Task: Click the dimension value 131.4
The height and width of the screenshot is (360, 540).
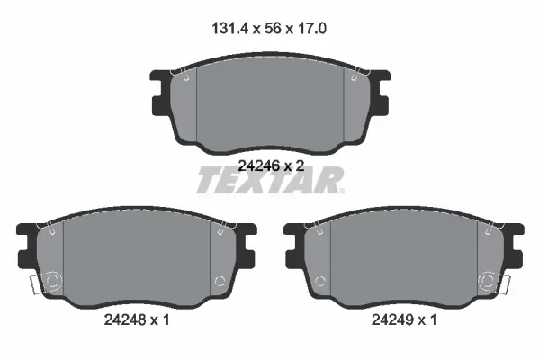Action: pos(229,28)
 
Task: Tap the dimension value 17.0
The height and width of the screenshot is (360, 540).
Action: pos(311,28)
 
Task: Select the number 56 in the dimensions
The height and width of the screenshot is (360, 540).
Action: pos(273,28)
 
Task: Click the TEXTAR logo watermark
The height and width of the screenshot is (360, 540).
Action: pos(270,180)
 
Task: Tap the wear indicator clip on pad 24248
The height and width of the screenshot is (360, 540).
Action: pos(35,285)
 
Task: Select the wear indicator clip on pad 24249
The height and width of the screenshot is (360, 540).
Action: pos(505,285)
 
